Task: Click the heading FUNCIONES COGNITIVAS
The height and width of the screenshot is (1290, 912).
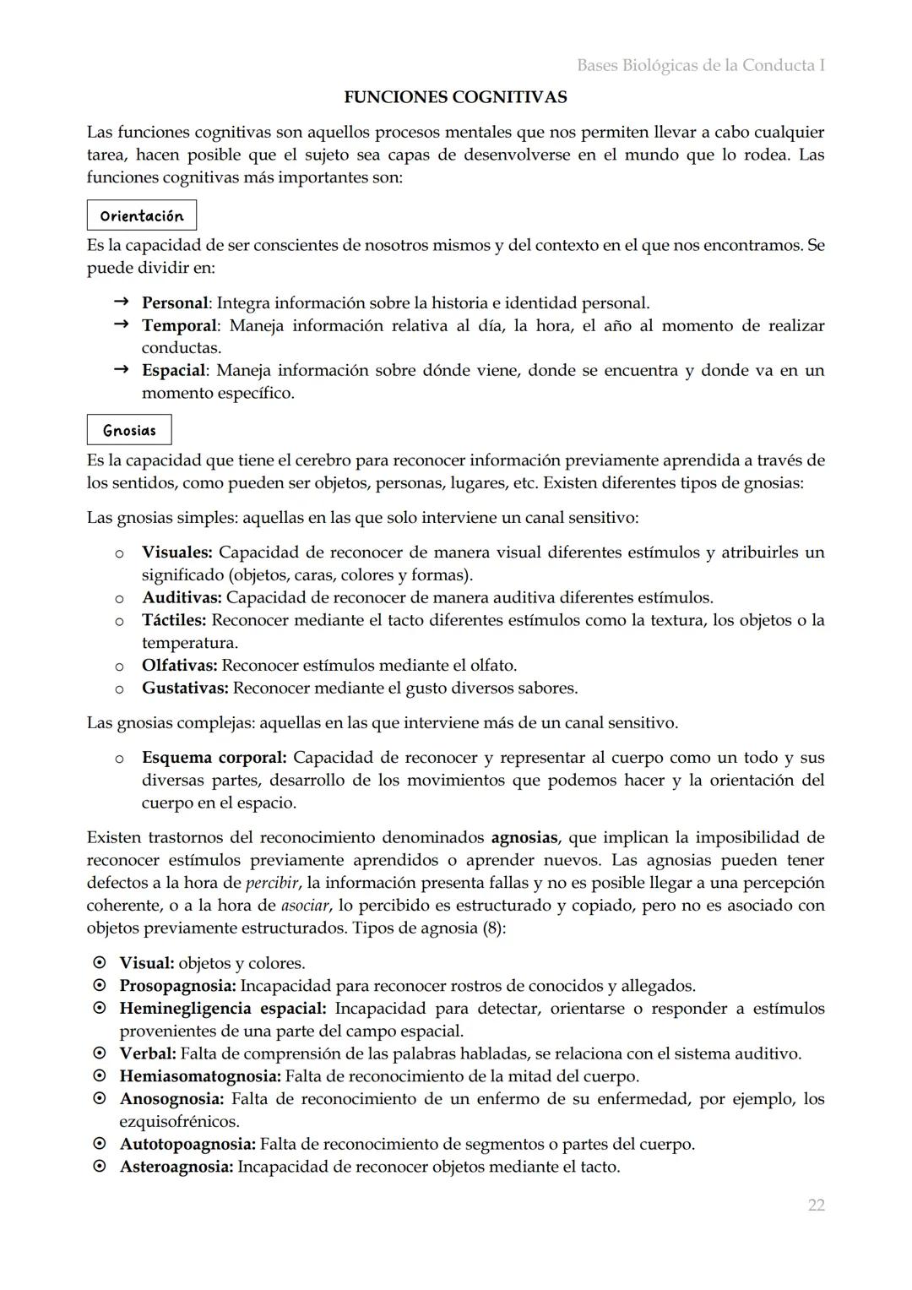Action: (x=455, y=97)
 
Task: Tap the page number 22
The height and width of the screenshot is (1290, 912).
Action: (x=816, y=1205)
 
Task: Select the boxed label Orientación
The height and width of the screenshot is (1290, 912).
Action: (x=141, y=215)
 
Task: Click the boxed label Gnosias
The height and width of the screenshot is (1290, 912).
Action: (x=129, y=430)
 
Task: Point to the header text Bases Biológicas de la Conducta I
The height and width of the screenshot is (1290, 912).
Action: (x=700, y=65)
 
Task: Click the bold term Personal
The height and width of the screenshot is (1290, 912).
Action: (x=174, y=302)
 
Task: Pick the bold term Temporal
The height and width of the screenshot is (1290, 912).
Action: (x=179, y=325)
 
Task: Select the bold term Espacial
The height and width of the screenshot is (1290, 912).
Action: (x=173, y=370)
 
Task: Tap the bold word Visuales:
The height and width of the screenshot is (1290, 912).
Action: (x=176, y=552)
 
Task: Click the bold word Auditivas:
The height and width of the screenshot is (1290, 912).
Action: (x=182, y=597)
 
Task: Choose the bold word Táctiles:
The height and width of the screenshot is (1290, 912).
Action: (x=174, y=620)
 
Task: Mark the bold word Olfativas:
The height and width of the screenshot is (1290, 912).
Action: (x=179, y=665)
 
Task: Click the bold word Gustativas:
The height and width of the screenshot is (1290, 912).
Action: (x=185, y=688)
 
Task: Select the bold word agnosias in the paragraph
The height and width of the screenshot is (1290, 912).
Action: (x=524, y=838)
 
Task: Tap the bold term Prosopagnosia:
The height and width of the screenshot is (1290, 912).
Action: (x=177, y=986)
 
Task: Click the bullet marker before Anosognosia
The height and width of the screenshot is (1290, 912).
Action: (x=100, y=1099)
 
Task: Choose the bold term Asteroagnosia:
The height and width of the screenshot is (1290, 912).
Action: (x=176, y=1167)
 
